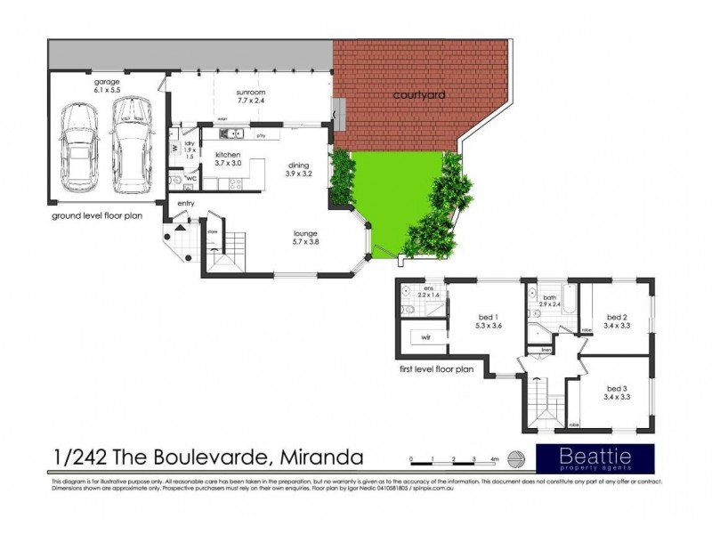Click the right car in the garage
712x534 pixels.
(x=131, y=144)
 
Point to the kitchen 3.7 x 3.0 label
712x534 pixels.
(x=228, y=158)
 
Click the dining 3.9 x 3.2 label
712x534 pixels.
(x=299, y=168)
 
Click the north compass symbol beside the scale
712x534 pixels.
(x=515, y=458)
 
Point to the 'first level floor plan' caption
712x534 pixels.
(x=436, y=366)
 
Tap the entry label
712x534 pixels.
(x=186, y=204)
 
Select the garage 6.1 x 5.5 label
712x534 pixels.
(x=107, y=86)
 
